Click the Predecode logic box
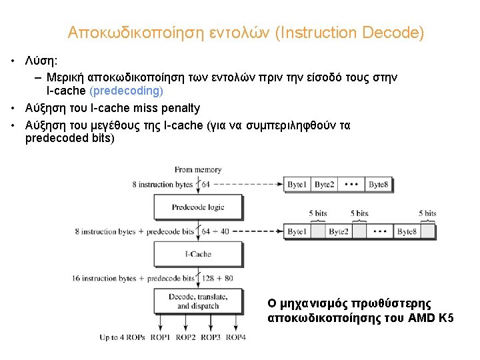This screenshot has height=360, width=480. (197, 207)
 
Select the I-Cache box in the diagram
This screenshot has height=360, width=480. (197, 254)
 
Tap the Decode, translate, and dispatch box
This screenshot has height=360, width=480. (198, 301)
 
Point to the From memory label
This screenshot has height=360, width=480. (198, 170)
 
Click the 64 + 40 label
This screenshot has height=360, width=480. (215, 231)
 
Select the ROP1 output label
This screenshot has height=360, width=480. (161, 337)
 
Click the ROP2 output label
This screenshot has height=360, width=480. (186, 337)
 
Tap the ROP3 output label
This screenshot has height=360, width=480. (211, 337)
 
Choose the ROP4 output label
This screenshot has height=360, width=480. (235, 337)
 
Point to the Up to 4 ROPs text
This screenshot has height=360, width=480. (123, 337)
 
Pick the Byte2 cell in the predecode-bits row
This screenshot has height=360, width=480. (339, 232)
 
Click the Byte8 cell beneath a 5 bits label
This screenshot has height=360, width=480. (407, 232)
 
